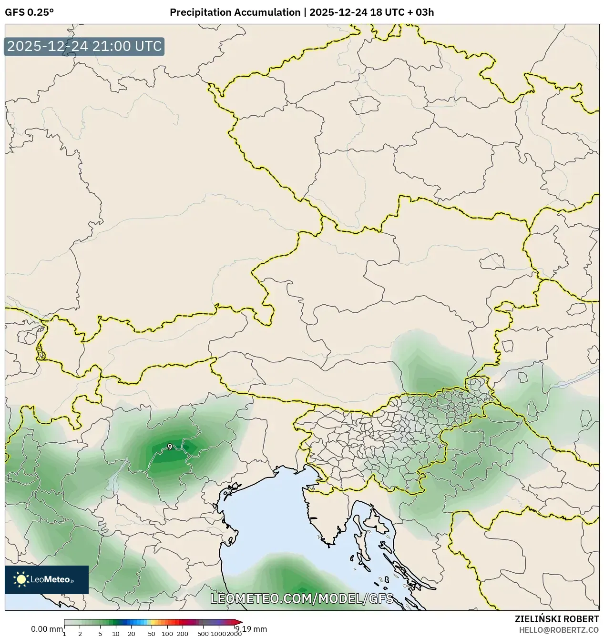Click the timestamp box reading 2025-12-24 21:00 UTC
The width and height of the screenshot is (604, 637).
(84, 47)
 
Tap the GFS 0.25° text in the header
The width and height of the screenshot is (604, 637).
(29, 12)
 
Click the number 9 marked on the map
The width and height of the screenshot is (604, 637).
(170, 447)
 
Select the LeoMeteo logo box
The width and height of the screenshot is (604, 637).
(47, 579)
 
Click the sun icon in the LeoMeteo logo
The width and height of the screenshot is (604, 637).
(21, 579)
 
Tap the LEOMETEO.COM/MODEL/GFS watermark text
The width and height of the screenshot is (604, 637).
(302, 598)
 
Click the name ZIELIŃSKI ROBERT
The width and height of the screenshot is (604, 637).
(557, 619)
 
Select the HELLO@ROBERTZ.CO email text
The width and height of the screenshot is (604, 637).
(559, 630)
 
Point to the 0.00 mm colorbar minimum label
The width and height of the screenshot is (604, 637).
(47, 629)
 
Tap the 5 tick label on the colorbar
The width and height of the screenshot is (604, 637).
(100, 634)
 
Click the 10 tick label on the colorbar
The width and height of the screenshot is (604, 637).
(116, 634)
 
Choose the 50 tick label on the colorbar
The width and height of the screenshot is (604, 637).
(152, 634)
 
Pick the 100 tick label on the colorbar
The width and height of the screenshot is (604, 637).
(167, 634)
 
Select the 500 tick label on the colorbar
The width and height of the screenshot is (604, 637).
(203, 634)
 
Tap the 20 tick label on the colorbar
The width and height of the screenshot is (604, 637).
(132, 634)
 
